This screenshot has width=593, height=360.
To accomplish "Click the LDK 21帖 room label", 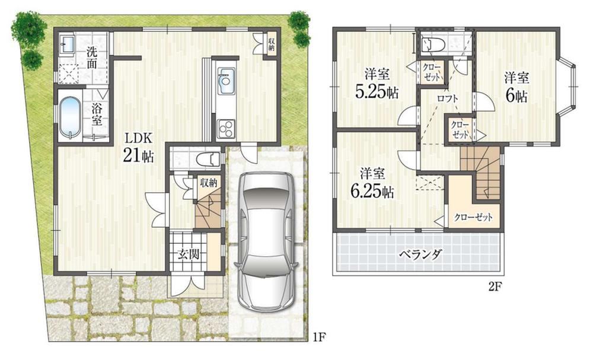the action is (138, 148).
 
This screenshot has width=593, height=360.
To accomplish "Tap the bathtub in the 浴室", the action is (71, 117).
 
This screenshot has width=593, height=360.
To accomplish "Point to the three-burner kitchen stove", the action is (226, 128).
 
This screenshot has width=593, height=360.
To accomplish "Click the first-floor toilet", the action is (208, 158).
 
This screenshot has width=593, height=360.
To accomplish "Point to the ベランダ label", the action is (420, 254).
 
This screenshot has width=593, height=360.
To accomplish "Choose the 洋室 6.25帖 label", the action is (372, 183).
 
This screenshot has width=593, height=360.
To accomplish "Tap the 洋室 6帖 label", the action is (517, 88).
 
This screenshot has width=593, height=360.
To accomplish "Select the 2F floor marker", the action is (495, 286).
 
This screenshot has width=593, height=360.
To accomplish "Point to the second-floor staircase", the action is (480, 172).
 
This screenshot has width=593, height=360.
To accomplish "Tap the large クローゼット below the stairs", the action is (474, 216).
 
